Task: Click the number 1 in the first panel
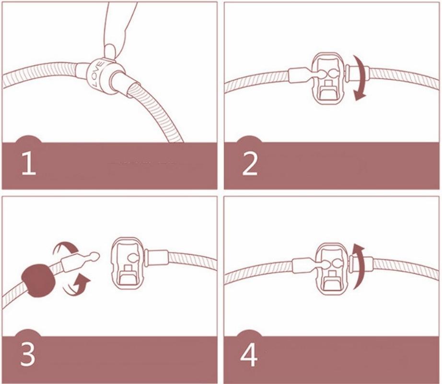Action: point(29,164)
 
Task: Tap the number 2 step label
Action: point(250,164)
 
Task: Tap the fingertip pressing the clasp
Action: point(109,51)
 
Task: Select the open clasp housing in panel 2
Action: point(329,78)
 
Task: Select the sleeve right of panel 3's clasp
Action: point(157,258)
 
